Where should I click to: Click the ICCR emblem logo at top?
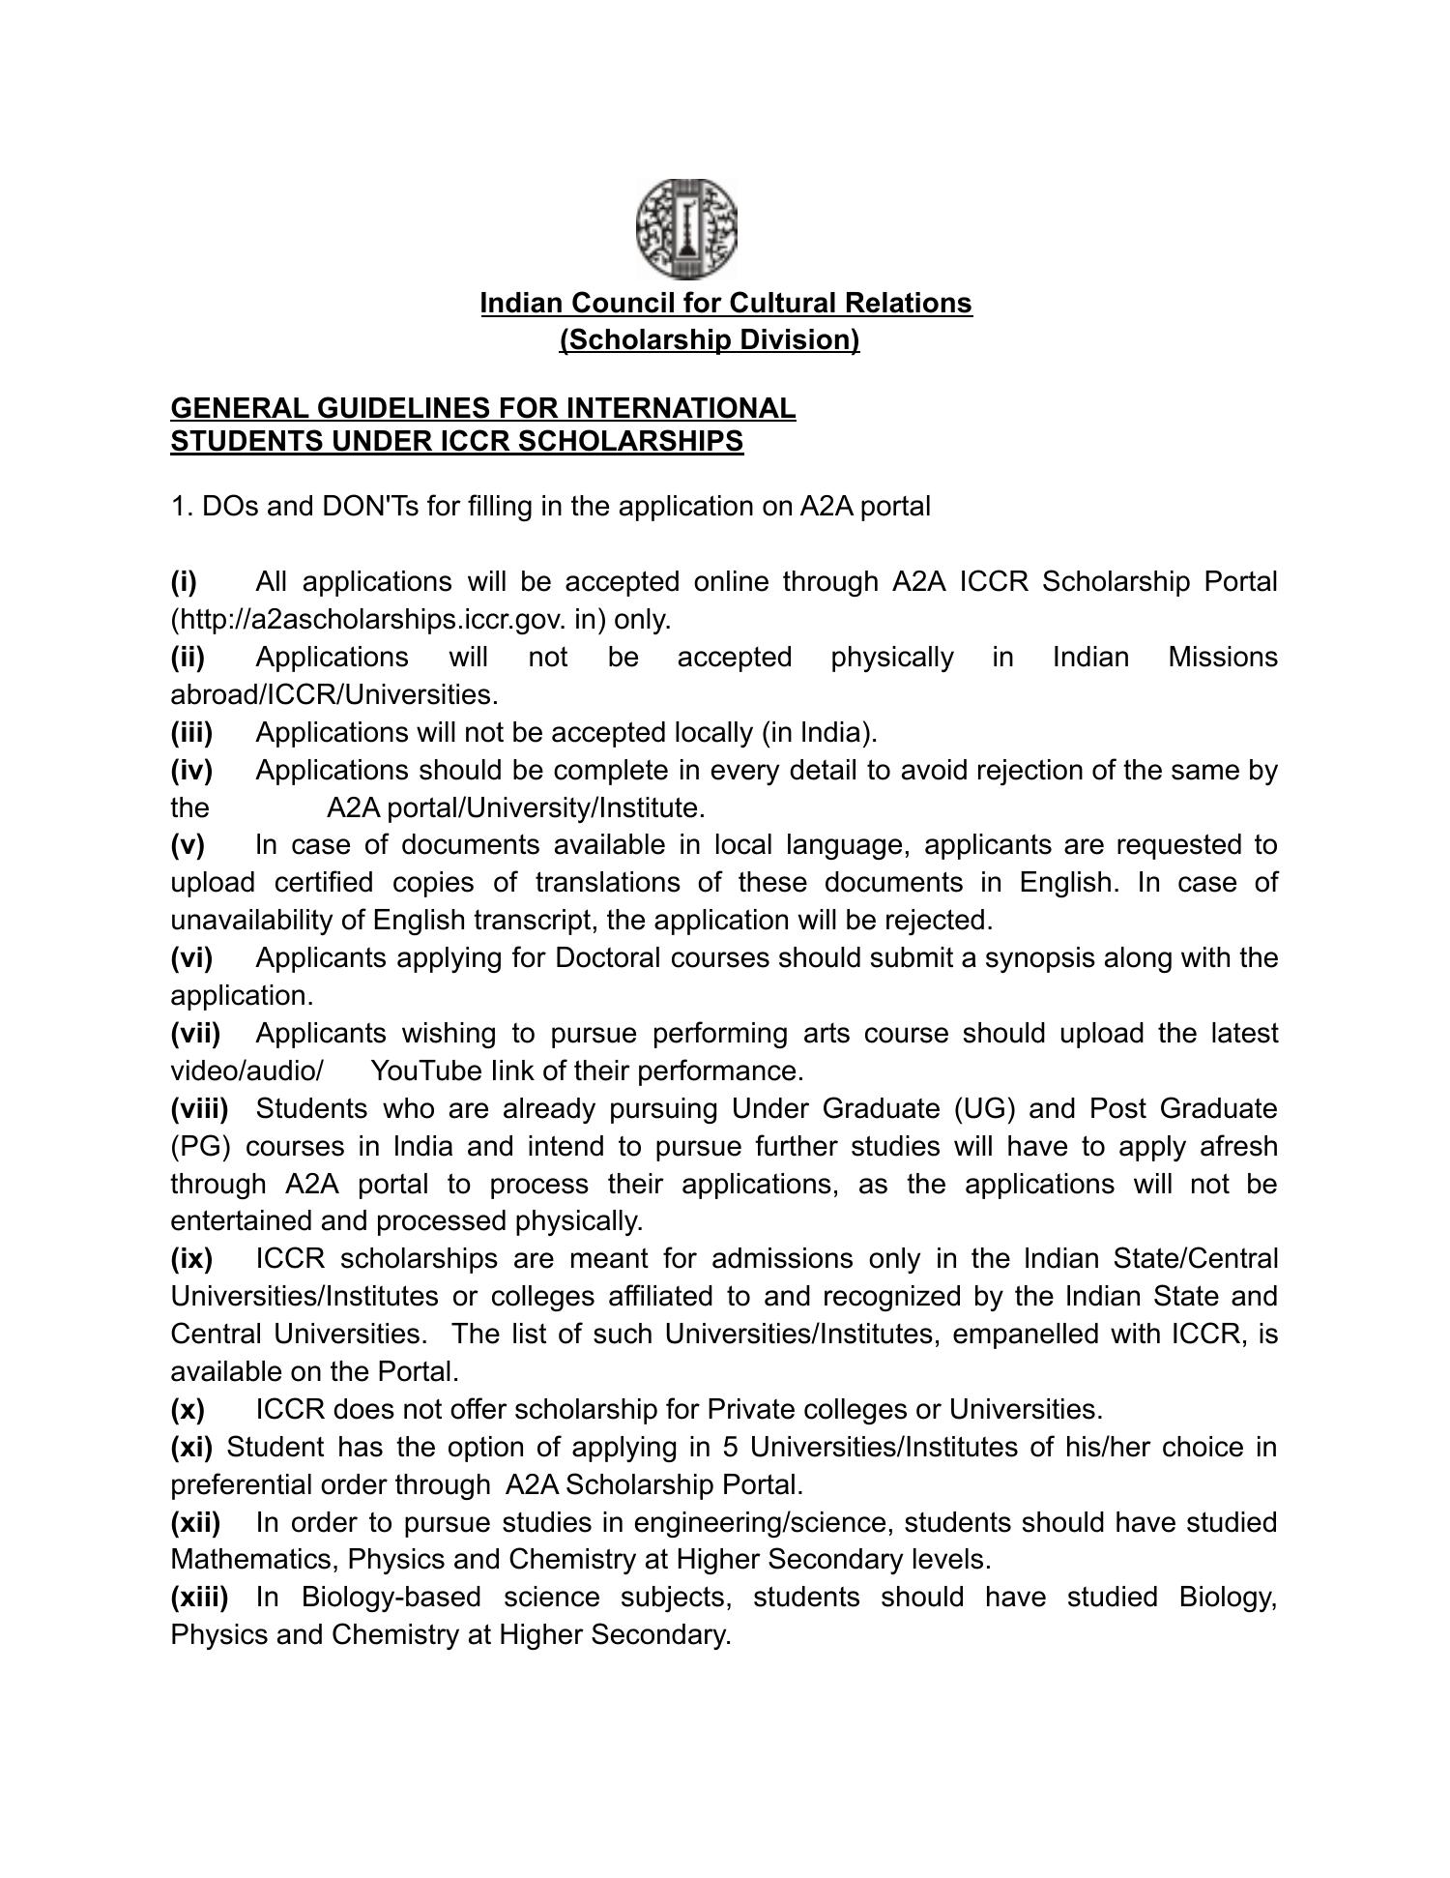[x=686, y=229]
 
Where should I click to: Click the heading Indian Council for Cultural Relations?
[x=726, y=303]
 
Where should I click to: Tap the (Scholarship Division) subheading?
[x=710, y=339]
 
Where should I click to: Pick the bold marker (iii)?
[x=191, y=732]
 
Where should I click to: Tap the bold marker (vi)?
[x=191, y=957]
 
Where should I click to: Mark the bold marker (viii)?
[x=199, y=1108]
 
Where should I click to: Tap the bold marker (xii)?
[x=195, y=1522]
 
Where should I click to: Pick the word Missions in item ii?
[x=1222, y=657]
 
